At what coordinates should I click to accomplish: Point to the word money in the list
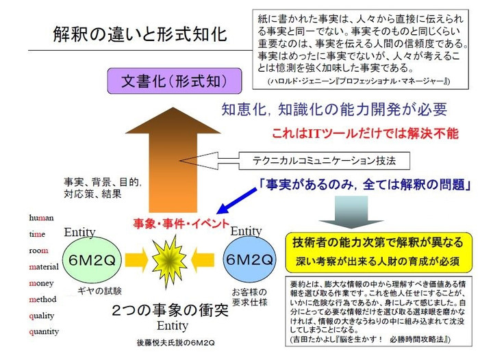pyautogui.click(x=42, y=283)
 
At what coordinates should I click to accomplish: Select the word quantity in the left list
pyautogui.click(x=45, y=332)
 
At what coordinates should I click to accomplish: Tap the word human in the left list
pyautogui.click(x=41, y=218)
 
